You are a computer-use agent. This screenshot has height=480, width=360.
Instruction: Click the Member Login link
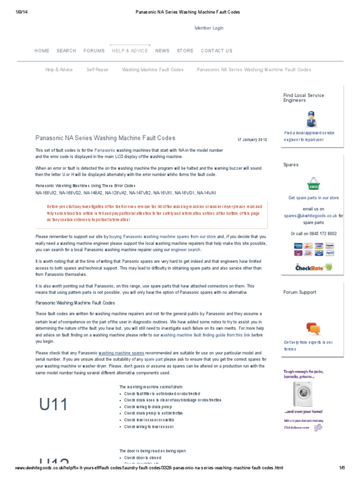(x=209, y=28)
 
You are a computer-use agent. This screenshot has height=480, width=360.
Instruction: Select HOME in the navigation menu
(x=42, y=51)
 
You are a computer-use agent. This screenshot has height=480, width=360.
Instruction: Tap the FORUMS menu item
(x=94, y=51)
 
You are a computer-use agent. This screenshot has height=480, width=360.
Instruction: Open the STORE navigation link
(x=185, y=51)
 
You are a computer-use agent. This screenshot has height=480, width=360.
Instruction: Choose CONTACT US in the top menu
(x=216, y=51)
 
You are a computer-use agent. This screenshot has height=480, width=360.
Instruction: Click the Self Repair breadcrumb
(x=97, y=70)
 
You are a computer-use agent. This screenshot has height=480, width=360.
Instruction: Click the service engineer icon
(x=310, y=119)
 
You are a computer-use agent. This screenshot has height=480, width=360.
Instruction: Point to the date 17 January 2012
(x=252, y=140)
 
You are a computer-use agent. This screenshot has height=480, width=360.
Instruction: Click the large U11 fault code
(x=54, y=404)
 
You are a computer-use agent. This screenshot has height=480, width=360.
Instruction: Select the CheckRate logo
(x=314, y=268)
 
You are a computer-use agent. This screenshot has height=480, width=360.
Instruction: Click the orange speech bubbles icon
(x=313, y=328)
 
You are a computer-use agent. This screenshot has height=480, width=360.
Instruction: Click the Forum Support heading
(x=300, y=292)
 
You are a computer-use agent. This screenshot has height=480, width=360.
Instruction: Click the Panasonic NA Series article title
(x=105, y=138)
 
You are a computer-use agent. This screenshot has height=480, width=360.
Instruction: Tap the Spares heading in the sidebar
(x=291, y=165)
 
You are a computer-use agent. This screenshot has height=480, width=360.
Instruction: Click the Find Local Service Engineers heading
(x=303, y=98)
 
